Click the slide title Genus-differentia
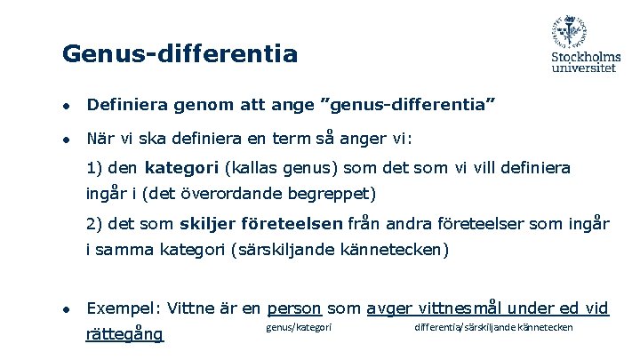[x=180, y=54]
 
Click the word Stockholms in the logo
[x=585, y=57]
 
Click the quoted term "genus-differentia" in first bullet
[x=412, y=106]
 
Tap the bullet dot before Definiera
[x=67, y=107]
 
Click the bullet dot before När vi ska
[x=67, y=140]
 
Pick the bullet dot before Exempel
[x=67, y=310]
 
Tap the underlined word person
[x=294, y=308]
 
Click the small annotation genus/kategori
[x=299, y=329]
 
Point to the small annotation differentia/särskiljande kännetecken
[x=493, y=329]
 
